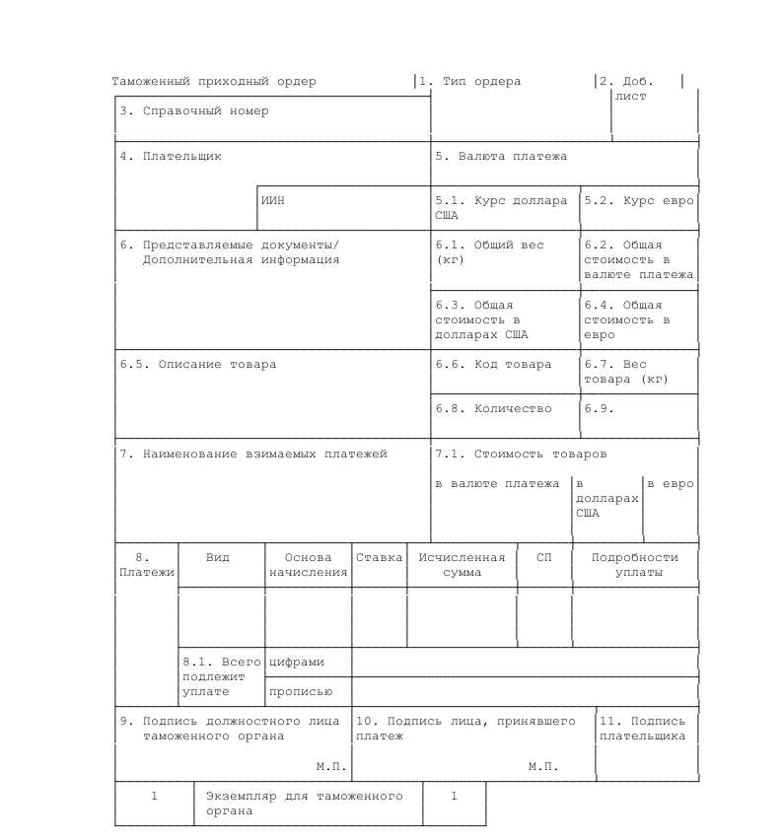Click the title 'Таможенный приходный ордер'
pos(214,82)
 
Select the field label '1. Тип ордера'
pos(469,82)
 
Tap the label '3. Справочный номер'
pos(194,111)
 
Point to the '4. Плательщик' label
pos(171,156)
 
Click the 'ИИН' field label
pos(273,200)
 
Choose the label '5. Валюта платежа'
pos(501,156)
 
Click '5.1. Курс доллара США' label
pos(501,207)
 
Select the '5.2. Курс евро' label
pos(639,200)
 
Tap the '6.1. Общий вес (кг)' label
pos(489,252)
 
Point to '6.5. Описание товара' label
pos(198,365)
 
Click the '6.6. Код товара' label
pos(493,365)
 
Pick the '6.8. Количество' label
pos(493,409)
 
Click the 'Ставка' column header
pos(380,558)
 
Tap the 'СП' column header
pos(544,558)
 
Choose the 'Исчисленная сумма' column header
pos(462,565)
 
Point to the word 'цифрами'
pos(297,663)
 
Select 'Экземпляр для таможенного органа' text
pos(304,804)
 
